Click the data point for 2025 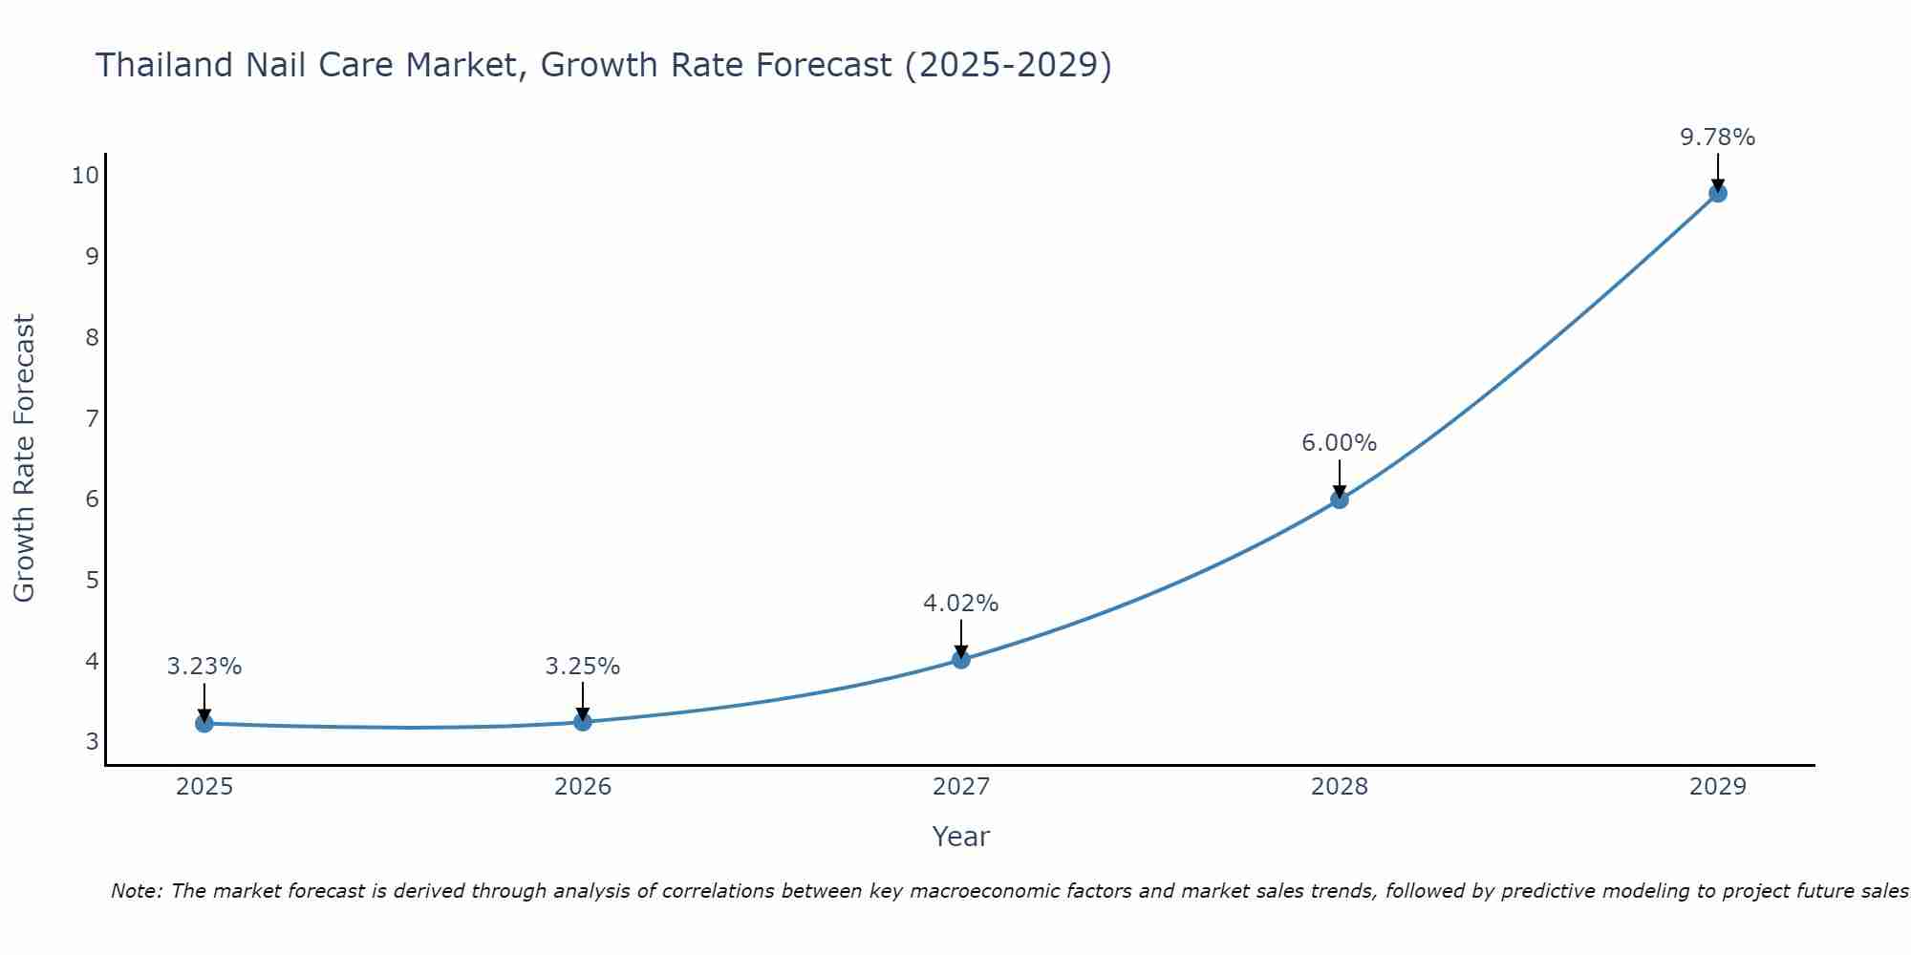point(204,723)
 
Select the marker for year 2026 point(582,721)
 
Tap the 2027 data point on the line point(960,659)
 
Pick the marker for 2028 point(1339,499)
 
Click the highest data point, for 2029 point(1717,193)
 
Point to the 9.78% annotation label point(1717,138)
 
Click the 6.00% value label point(1339,443)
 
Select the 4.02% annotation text point(960,604)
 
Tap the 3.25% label point(582,667)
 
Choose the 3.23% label point(204,667)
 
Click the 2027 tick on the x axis point(960,787)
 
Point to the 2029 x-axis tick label point(1717,787)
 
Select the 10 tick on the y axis point(85,175)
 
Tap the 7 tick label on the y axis point(92,418)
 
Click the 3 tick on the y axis point(92,742)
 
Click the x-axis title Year point(960,837)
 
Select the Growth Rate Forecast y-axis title point(24,458)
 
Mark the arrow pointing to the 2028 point point(1339,477)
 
